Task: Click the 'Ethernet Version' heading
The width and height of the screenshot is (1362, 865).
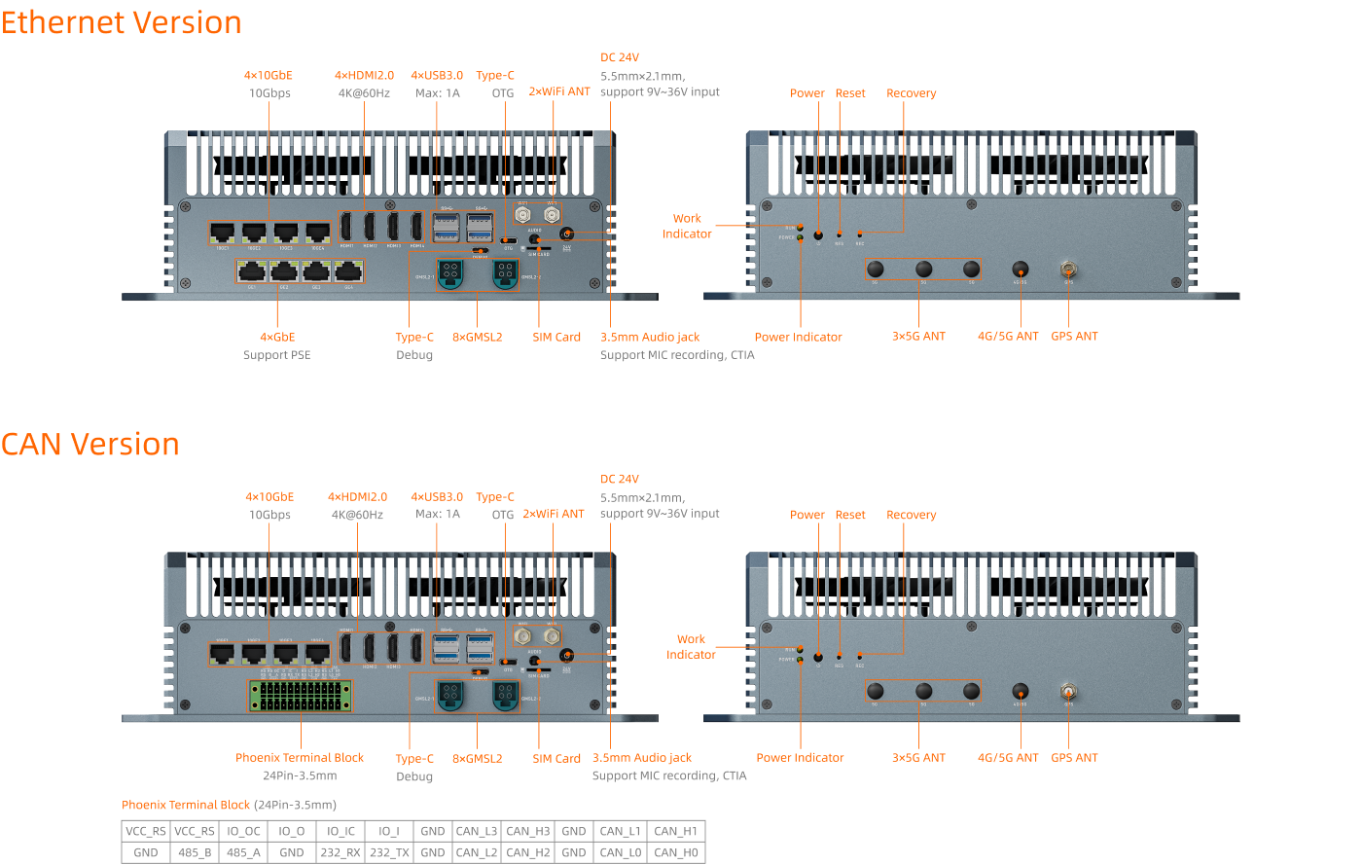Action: (x=122, y=22)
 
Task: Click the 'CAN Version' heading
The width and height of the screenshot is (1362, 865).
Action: (x=90, y=445)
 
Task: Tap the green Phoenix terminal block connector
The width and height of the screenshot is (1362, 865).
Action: (x=301, y=696)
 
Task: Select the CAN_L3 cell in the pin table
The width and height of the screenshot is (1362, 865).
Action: (x=477, y=831)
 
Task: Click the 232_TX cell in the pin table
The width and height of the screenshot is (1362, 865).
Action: (x=389, y=852)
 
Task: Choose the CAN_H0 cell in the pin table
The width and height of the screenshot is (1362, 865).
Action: (x=675, y=852)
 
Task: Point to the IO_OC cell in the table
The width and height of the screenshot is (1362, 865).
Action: (x=243, y=831)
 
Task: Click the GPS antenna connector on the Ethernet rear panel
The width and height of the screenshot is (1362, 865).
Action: (x=1068, y=269)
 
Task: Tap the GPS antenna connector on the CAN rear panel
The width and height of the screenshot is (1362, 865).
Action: (x=1068, y=692)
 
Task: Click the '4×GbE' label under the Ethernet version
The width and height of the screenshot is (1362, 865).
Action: (x=277, y=337)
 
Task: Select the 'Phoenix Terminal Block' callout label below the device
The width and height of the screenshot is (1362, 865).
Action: (x=300, y=757)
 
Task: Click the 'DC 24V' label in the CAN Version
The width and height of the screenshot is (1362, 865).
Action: (x=620, y=479)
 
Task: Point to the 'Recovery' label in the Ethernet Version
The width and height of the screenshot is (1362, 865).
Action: (x=911, y=93)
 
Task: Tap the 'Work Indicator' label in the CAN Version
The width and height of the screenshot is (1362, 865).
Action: (x=691, y=646)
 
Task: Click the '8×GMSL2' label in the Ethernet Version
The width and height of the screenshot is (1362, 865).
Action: (x=477, y=337)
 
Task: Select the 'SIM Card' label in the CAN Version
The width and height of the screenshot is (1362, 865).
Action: (x=556, y=758)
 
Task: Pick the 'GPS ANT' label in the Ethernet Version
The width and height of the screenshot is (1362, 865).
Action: (x=1074, y=337)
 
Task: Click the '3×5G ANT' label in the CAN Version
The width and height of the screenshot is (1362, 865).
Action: (x=918, y=757)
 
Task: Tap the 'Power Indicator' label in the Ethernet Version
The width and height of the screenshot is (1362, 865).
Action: (x=798, y=337)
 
